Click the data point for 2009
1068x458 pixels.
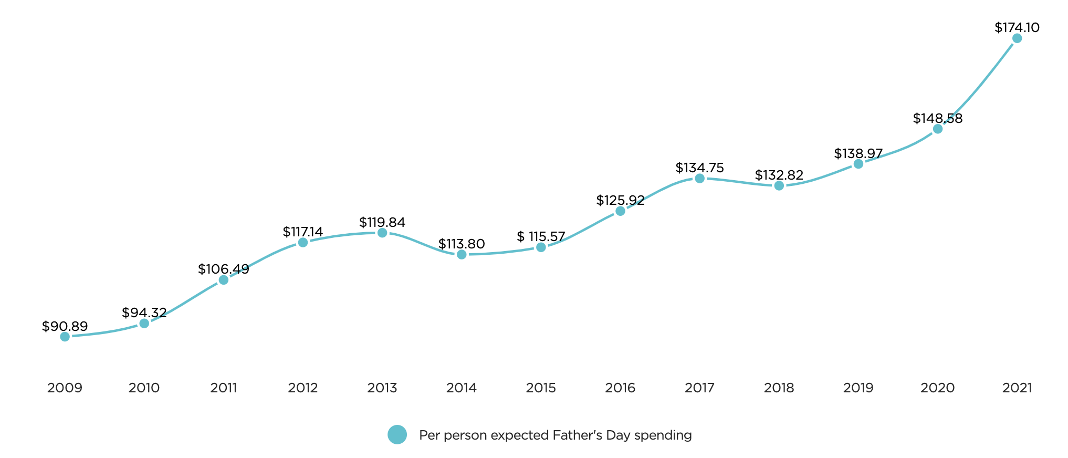pyautogui.click(x=65, y=337)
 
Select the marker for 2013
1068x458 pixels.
pyautogui.click(x=382, y=233)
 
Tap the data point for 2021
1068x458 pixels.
pyautogui.click(x=1017, y=38)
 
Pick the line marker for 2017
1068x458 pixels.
pyautogui.click(x=699, y=179)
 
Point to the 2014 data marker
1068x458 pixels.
pyautogui.click(x=462, y=255)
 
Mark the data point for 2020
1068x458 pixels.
pyautogui.click(x=938, y=129)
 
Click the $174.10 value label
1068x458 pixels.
pyautogui.click(x=1017, y=28)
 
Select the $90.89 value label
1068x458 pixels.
pyautogui.click(x=65, y=327)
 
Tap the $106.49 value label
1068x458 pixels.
pyautogui.click(x=223, y=269)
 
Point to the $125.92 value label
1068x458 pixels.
pyautogui.click(x=620, y=201)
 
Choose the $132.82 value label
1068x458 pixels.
pyautogui.click(x=779, y=175)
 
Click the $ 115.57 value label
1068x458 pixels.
pyautogui.click(x=541, y=237)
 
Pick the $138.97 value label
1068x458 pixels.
pyautogui.click(x=858, y=154)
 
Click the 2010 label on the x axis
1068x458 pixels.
pyautogui.click(x=144, y=388)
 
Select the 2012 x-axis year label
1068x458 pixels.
pyautogui.click(x=303, y=388)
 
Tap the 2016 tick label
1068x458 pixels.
pyautogui.click(x=620, y=388)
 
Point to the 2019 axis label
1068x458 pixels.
pyautogui.click(x=858, y=388)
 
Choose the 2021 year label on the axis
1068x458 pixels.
pyautogui.click(x=1017, y=388)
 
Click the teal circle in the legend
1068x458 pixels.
pyautogui.click(x=397, y=435)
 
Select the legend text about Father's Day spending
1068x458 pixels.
pyautogui.click(x=555, y=435)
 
